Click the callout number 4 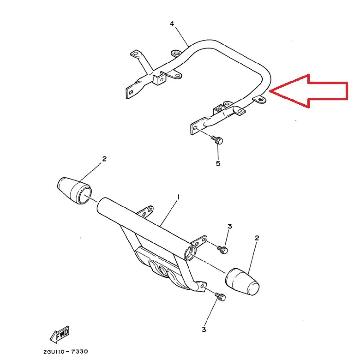(172, 24)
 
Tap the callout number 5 (218, 163)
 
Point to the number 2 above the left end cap (104, 159)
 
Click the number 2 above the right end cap (257, 238)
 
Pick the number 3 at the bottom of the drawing (204, 330)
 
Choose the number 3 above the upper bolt (230, 226)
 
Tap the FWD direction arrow (60, 334)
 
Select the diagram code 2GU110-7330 (65, 351)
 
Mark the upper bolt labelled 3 (223, 249)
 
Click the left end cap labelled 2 (74, 190)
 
